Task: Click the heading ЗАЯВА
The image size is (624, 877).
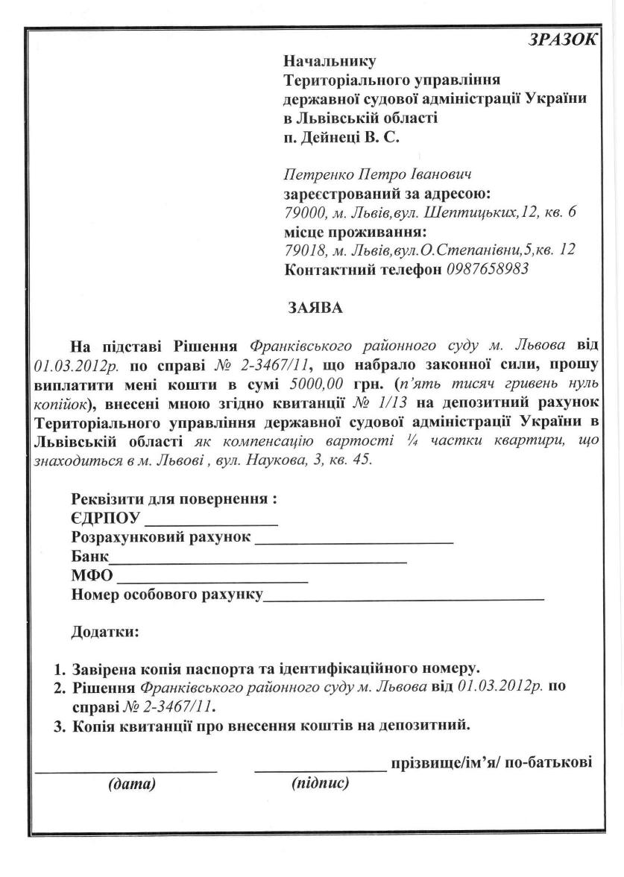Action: pos(315,307)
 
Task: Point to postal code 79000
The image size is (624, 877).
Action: pos(303,212)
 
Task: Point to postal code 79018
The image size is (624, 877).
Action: pos(303,250)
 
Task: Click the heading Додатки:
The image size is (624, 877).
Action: pos(105,633)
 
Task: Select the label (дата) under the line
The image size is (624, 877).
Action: pos(132,784)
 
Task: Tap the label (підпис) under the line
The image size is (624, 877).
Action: pos(320,783)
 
